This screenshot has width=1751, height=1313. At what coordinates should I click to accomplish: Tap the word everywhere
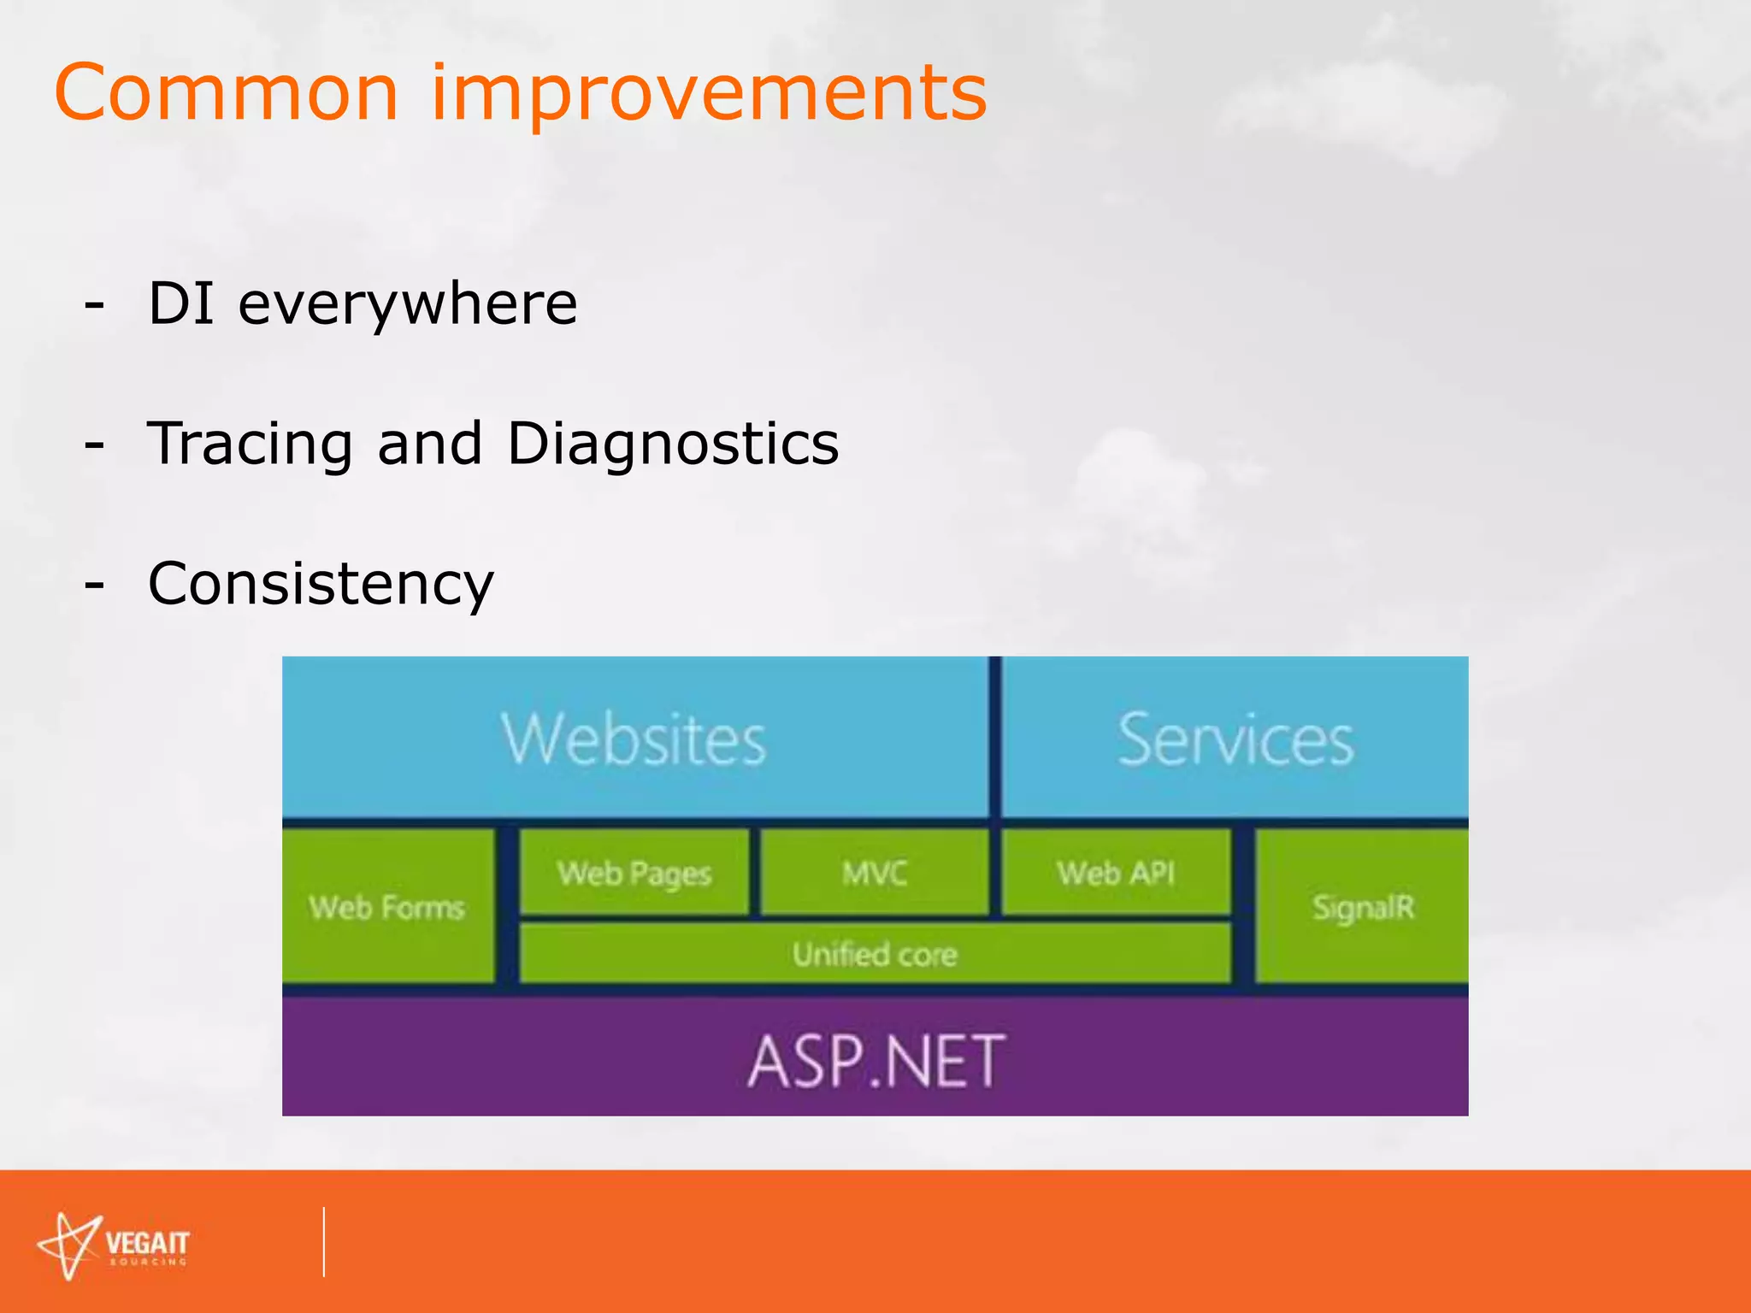(407, 304)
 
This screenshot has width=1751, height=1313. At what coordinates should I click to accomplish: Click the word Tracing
(250, 445)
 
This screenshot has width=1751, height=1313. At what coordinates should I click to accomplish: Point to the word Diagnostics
(673, 445)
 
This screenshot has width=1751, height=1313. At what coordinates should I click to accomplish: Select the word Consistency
(321, 585)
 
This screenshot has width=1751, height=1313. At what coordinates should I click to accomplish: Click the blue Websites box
(634, 737)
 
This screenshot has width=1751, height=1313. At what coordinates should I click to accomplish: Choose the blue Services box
(1235, 737)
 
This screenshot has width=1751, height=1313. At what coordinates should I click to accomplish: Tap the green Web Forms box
(387, 906)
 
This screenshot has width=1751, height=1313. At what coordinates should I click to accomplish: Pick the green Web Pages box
(634, 873)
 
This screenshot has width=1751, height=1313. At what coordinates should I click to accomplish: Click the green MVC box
(874, 873)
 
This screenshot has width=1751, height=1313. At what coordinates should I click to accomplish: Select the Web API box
(1115, 873)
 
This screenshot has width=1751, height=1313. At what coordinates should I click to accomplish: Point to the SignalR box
(1362, 906)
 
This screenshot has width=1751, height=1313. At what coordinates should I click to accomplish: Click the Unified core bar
(874, 953)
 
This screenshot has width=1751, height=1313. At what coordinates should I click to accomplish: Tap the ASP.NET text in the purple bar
(875, 1060)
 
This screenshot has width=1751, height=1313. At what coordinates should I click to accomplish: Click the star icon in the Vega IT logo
(69, 1245)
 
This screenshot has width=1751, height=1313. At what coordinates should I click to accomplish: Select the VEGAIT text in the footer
(146, 1242)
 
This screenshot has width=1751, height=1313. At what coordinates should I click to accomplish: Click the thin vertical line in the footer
(324, 1242)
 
